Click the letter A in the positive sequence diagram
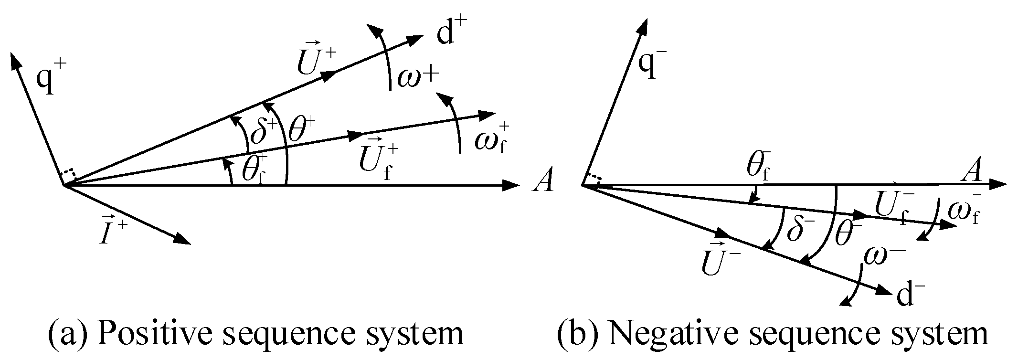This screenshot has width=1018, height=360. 543,181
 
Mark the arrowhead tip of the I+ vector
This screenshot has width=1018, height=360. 190,244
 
